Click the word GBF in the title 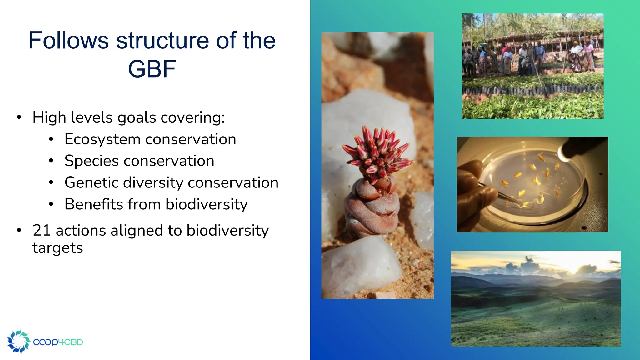click(152, 69)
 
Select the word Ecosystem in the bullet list click(102, 139)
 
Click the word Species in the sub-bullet click(92, 161)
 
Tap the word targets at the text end click(57, 248)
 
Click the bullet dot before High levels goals click(19, 117)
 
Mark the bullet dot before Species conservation click(51, 161)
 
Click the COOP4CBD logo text click(58, 342)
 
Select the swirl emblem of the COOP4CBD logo click(19, 341)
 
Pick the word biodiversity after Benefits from click(207, 204)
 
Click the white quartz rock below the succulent click(359, 266)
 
